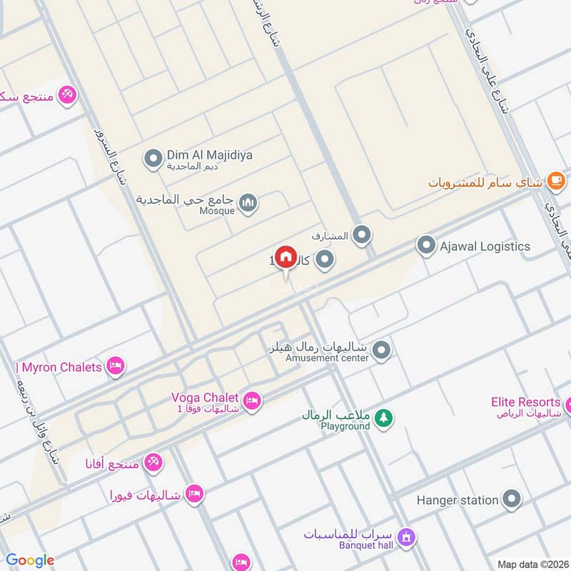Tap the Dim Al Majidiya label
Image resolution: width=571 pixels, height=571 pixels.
click(x=209, y=155)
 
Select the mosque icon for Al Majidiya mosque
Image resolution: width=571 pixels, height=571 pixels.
click(x=248, y=203)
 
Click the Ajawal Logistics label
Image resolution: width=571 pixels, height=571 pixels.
click(x=485, y=246)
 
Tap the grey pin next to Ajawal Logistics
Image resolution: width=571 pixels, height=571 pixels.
click(x=427, y=246)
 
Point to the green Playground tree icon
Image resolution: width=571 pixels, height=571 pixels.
click(x=384, y=418)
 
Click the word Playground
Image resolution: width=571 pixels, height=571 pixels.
click(x=345, y=426)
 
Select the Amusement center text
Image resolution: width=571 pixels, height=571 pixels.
click(x=327, y=358)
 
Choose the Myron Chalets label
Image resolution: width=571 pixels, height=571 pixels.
click(x=59, y=368)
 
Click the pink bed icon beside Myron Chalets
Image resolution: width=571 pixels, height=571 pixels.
click(x=114, y=368)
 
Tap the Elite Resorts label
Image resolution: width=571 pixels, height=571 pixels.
click(x=525, y=403)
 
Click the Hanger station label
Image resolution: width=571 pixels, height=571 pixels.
click(x=458, y=500)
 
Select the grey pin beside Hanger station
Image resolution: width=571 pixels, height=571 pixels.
click(x=511, y=500)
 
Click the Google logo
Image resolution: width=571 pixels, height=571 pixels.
click(x=30, y=560)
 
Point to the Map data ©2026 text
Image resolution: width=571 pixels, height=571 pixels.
click(x=532, y=564)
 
